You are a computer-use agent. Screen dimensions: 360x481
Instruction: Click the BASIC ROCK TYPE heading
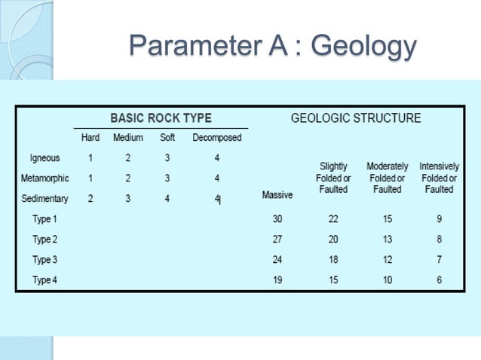pyautogui.click(x=161, y=118)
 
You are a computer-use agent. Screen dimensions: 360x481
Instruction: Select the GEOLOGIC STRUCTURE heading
pyautogui.click(x=356, y=118)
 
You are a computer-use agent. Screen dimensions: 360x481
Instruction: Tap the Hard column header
pyautogui.click(x=90, y=138)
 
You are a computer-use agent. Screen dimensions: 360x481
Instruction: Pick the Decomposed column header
pyautogui.click(x=217, y=138)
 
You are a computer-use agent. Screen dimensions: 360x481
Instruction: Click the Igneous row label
pyautogui.click(x=45, y=158)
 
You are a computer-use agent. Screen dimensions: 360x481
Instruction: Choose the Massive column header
pyautogui.click(x=277, y=195)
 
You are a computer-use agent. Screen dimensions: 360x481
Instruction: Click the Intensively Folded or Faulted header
pyautogui.click(x=439, y=178)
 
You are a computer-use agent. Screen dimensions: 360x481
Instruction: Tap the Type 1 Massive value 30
pyautogui.click(x=277, y=219)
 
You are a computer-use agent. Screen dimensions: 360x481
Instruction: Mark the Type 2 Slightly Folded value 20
pyautogui.click(x=333, y=239)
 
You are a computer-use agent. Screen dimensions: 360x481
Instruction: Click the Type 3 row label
pyautogui.click(x=44, y=260)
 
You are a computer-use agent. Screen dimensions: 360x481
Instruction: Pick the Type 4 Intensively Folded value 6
pyautogui.click(x=439, y=280)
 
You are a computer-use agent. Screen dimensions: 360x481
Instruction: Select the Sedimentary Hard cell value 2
pyautogui.click(x=90, y=199)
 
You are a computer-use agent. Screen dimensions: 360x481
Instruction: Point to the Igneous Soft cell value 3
pyautogui.click(x=167, y=158)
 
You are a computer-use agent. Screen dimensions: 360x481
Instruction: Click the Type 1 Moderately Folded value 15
pyautogui.click(x=387, y=219)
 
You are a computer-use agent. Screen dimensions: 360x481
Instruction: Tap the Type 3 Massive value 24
pyautogui.click(x=277, y=260)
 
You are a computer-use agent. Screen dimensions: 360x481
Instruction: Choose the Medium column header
pyautogui.click(x=128, y=138)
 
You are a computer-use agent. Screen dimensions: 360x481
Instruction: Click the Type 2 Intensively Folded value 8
pyautogui.click(x=439, y=239)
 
